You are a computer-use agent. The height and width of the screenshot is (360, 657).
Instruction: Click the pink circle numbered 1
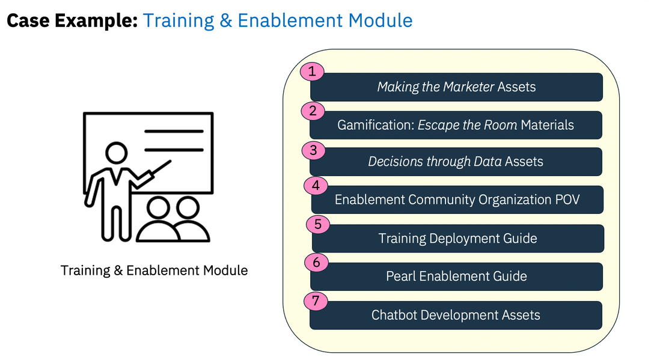(x=311, y=72)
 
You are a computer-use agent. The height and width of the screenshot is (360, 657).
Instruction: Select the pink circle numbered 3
(x=313, y=150)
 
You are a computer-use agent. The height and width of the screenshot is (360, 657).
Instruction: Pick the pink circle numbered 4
(x=316, y=185)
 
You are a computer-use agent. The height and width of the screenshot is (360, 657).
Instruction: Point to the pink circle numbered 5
(x=317, y=225)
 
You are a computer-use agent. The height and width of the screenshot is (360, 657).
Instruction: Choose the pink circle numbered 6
(x=316, y=263)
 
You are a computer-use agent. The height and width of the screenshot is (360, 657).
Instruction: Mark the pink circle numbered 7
(x=316, y=301)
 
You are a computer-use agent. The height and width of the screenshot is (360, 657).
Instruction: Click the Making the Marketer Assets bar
(x=456, y=87)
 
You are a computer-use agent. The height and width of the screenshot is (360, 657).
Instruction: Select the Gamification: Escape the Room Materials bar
(x=456, y=125)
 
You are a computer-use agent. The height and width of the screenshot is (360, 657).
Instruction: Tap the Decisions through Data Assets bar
(x=456, y=162)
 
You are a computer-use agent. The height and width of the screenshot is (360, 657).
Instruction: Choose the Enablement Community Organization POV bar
(x=457, y=200)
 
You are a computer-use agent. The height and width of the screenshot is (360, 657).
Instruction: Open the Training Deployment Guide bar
(x=457, y=239)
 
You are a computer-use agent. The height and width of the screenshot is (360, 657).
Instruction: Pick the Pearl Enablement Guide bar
(x=456, y=276)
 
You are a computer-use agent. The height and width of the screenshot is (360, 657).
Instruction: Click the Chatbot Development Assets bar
(x=456, y=315)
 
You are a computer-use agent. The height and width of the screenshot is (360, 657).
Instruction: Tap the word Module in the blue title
(x=377, y=20)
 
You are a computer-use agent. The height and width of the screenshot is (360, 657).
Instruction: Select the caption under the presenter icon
(x=154, y=270)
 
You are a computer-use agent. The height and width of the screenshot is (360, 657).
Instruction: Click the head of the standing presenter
(x=114, y=151)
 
